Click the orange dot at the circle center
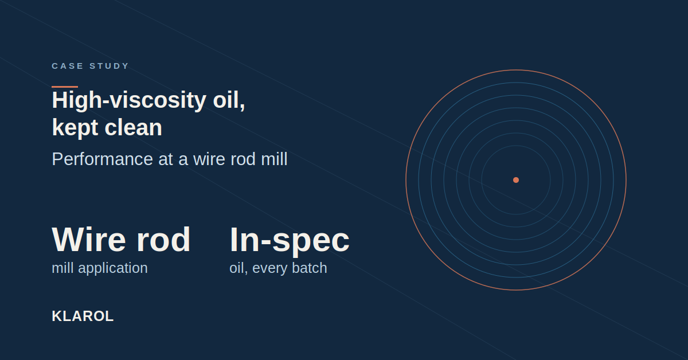tap(516, 180)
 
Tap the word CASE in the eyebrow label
tap(68, 66)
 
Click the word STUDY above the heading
tap(109, 66)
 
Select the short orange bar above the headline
tap(65, 87)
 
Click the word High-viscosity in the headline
tap(129, 100)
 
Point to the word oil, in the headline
tap(229, 100)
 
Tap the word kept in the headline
tap(75, 128)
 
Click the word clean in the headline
tap(133, 127)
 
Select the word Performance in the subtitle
tap(102, 159)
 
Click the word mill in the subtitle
tap(274, 159)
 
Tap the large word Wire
tap(89, 240)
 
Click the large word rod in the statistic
tap(163, 240)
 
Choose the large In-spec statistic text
tap(290, 240)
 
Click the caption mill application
tap(100, 268)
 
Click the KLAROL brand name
tap(83, 316)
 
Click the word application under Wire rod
tap(113, 268)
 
